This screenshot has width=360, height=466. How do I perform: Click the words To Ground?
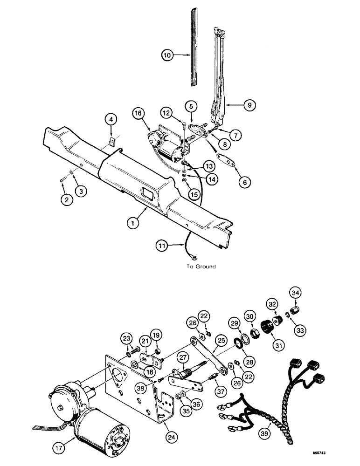click(199, 267)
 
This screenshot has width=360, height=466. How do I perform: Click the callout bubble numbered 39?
click(277, 433)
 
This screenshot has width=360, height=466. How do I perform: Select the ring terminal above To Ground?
click(194, 254)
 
